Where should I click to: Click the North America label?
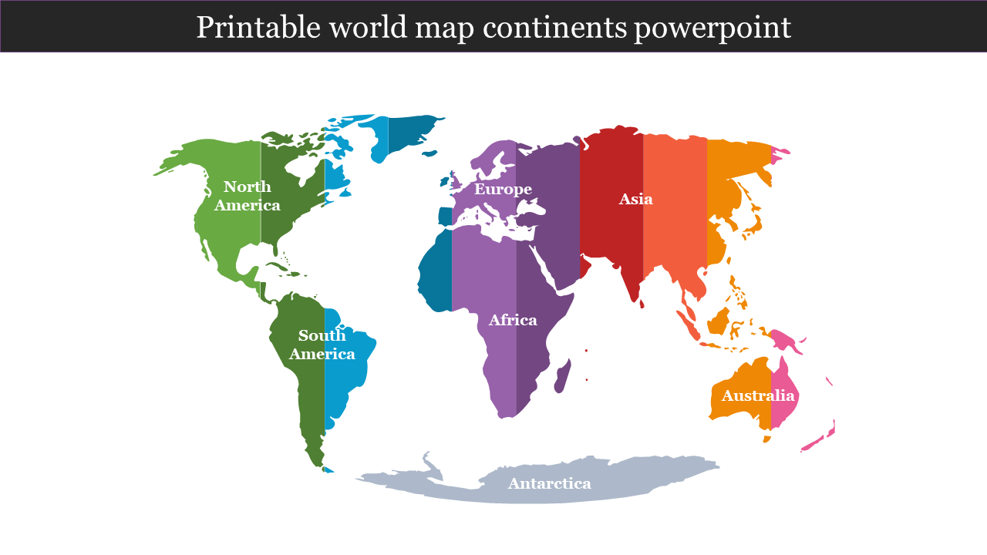click(x=248, y=196)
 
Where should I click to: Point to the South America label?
click(x=322, y=345)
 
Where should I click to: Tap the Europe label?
click(x=503, y=189)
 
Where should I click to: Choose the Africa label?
click(x=513, y=320)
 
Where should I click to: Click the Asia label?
click(x=636, y=199)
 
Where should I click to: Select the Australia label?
click(x=757, y=395)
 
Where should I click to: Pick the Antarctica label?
click(x=549, y=483)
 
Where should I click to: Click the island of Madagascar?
click(x=564, y=374)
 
